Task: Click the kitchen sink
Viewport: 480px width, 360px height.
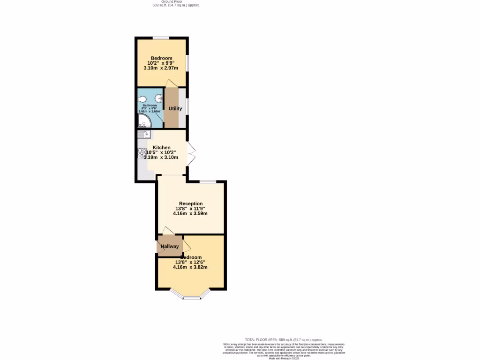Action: pyautogui.click(x=144, y=135)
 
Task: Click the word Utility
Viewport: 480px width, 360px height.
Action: pyautogui.click(x=175, y=109)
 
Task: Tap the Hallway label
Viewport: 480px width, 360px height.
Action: pyautogui.click(x=170, y=247)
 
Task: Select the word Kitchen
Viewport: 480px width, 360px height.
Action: pyautogui.click(x=161, y=148)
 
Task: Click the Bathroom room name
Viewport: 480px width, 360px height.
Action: pyautogui.click(x=150, y=105)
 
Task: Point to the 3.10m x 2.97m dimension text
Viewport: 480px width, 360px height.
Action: pyautogui.click(x=161, y=68)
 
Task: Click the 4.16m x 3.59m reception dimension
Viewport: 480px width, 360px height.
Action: pyautogui.click(x=190, y=213)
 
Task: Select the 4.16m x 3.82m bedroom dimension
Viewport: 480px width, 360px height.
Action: pyautogui.click(x=190, y=267)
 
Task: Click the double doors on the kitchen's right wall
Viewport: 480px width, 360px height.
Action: pyautogui.click(x=191, y=153)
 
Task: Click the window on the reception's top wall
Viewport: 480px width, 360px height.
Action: pyautogui.click(x=208, y=181)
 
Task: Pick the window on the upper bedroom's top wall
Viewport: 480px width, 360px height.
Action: pyautogui.click(x=161, y=38)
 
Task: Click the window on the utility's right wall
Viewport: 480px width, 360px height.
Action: pyautogui.click(x=187, y=105)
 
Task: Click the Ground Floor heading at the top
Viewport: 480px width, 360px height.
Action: pyautogui.click(x=172, y=1)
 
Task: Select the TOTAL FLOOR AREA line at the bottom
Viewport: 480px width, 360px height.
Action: pyautogui.click(x=284, y=339)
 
